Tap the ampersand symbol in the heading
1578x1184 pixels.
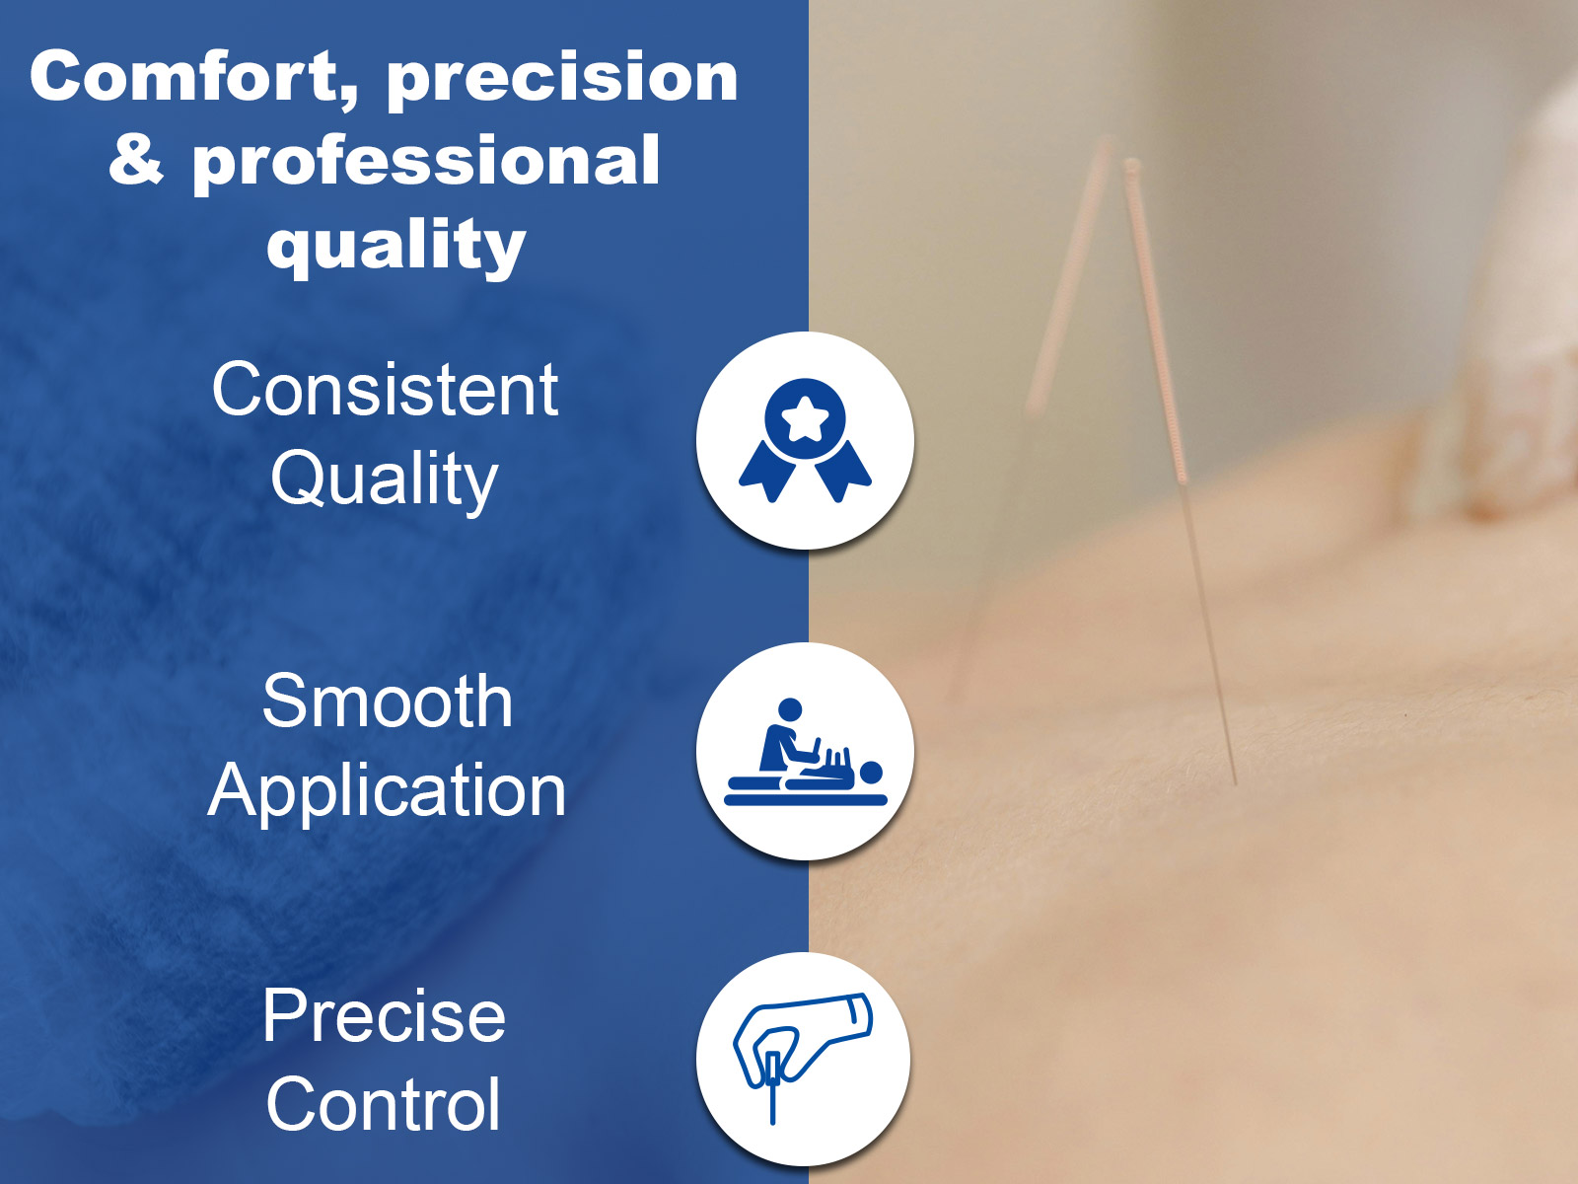point(136,158)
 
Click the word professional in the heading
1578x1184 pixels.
point(426,162)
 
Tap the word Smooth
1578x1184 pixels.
point(388,701)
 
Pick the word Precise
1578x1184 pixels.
point(384,1015)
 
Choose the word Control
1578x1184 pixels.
point(384,1103)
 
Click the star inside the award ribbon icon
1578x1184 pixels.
point(805,420)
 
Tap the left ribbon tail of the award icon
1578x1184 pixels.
point(768,472)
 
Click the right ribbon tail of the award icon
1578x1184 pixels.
point(842,472)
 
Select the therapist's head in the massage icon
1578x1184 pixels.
point(789,708)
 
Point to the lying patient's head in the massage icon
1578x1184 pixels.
point(871,773)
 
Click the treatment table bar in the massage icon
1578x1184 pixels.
point(805,799)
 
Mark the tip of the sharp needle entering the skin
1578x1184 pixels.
point(1235,784)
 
